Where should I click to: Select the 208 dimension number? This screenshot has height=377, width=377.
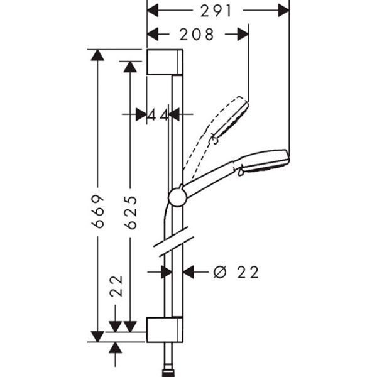click(197, 35)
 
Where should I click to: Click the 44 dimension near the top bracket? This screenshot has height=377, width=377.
click(159, 115)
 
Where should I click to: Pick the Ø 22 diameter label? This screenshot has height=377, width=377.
click(236, 272)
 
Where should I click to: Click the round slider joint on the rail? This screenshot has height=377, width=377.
click(178, 196)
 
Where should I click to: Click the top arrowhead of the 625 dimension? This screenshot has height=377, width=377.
click(131, 66)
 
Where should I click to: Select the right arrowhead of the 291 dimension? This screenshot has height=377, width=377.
click(283, 11)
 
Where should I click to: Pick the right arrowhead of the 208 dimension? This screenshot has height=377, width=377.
click(243, 35)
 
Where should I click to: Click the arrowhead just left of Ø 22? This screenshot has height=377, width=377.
click(189, 272)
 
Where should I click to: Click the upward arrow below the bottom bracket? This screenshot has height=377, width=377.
click(115, 347)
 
